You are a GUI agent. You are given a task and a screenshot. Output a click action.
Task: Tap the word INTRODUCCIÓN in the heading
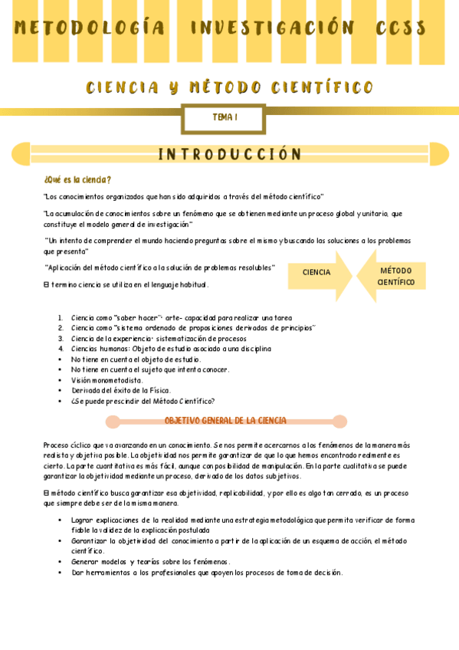pyautogui.click(x=229, y=155)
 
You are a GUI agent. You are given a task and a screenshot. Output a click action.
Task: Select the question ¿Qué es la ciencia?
pyautogui.click(x=78, y=180)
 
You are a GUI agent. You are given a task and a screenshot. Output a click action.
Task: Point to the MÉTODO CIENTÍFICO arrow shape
pyautogui.click(x=396, y=277)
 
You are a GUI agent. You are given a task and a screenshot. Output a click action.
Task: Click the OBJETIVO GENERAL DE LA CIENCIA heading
pyautogui.click(x=225, y=421)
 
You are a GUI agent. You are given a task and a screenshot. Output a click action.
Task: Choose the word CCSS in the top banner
pyautogui.click(x=400, y=28)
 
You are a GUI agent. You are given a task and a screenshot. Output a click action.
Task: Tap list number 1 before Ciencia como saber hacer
pyautogui.click(x=61, y=318)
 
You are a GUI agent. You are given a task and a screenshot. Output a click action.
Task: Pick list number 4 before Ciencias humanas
pyautogui.click(x=61, y=349)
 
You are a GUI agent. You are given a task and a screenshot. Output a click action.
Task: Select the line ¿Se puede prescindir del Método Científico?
pyautogui.click(x=143, y=400)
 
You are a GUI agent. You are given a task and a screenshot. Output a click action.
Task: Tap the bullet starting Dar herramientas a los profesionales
pyautogui.click(x=207, y=572)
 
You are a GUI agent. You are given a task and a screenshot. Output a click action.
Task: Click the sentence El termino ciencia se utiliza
pyautogui.click(x=126, y=285)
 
